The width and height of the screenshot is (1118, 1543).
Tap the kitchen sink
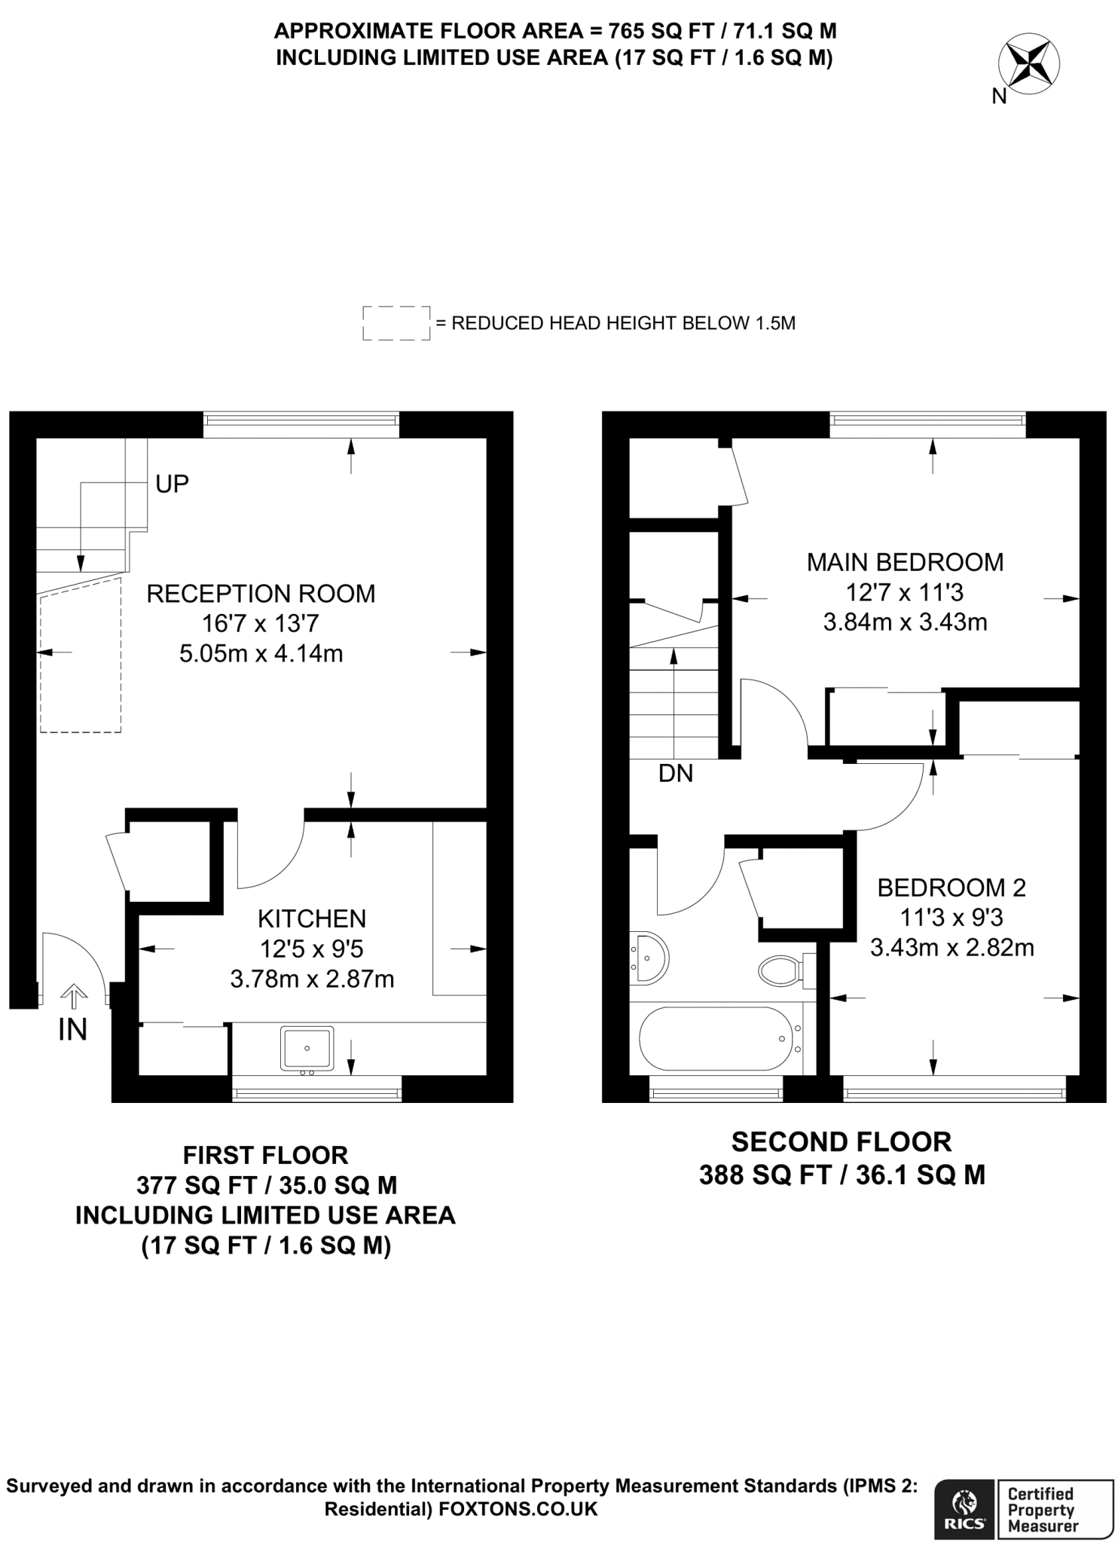click(x=307, y=1047)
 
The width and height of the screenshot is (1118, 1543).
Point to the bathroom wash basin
click(x=649, y=958)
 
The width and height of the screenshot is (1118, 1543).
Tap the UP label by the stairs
click(x=172, y=484)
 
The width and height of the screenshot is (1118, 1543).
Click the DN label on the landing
click(x=675, y=773)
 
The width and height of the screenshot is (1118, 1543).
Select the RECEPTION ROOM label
click(x=261, y=594)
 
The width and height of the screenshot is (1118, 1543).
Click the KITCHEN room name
click(x=312, y=918)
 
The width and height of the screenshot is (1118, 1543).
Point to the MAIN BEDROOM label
click(x=905, y=562)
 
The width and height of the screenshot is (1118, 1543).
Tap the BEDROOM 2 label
click(x=952, y=888)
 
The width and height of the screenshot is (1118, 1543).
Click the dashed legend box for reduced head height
click(x=396, y=323)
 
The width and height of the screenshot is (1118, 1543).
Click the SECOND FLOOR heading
click(x=842, y=1142)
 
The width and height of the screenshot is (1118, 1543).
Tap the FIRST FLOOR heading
click(x=265, y=1155)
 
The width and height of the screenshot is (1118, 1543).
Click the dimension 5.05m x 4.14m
click(x=261, y=653)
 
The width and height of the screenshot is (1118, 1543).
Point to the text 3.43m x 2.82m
click(x=952, y=947)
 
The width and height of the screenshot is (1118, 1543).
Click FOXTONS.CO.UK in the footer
click(x=518, y=1509)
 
